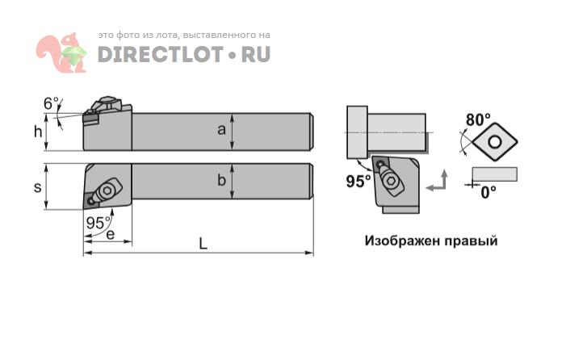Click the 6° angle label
51,103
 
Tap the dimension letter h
38,132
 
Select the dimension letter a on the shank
221,130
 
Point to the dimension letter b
221,180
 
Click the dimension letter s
37,187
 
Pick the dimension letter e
111,234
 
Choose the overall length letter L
203,245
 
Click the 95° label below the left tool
99,224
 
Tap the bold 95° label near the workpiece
358,182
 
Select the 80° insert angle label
478,119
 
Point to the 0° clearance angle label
488,193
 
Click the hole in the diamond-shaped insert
494,142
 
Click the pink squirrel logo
61,52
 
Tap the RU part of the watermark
256,54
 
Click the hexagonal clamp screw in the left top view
107,190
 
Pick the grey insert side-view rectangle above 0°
494,174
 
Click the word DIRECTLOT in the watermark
159,54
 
